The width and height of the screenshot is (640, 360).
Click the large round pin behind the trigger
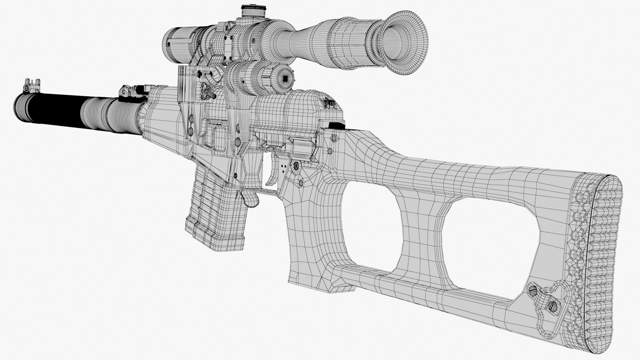point(295,166)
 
